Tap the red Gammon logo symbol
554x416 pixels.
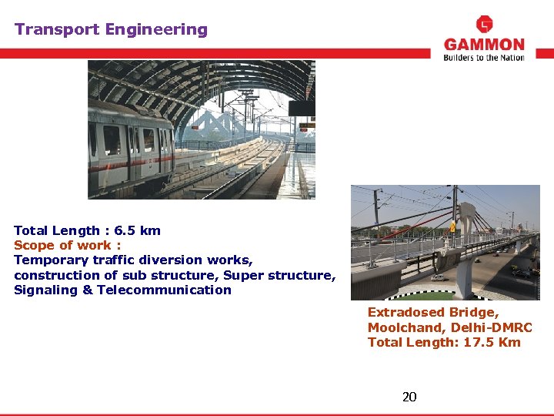tap(485, 24)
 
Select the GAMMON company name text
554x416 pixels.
tap(484, 45)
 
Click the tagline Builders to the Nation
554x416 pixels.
tap(484, 58)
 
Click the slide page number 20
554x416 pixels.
tap(409, 397)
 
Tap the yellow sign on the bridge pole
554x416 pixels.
tap(452, 226)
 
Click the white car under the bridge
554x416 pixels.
tap(438, 277)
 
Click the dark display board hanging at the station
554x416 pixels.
tap(301, 108)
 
